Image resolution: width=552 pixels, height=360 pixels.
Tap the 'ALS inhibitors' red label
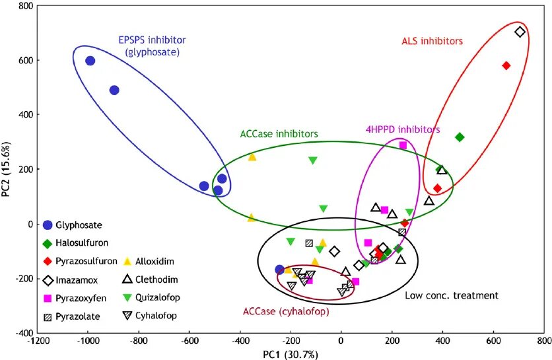432,41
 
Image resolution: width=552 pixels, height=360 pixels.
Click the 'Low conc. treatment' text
451,295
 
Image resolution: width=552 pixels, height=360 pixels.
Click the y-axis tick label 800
24,6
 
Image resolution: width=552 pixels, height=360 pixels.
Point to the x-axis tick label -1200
38,342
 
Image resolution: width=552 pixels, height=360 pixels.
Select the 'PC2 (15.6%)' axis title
7,169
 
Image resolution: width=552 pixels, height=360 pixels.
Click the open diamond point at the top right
520,32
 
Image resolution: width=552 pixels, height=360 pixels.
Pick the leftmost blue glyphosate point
90,61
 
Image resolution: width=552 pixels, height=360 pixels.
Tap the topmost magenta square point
403,145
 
